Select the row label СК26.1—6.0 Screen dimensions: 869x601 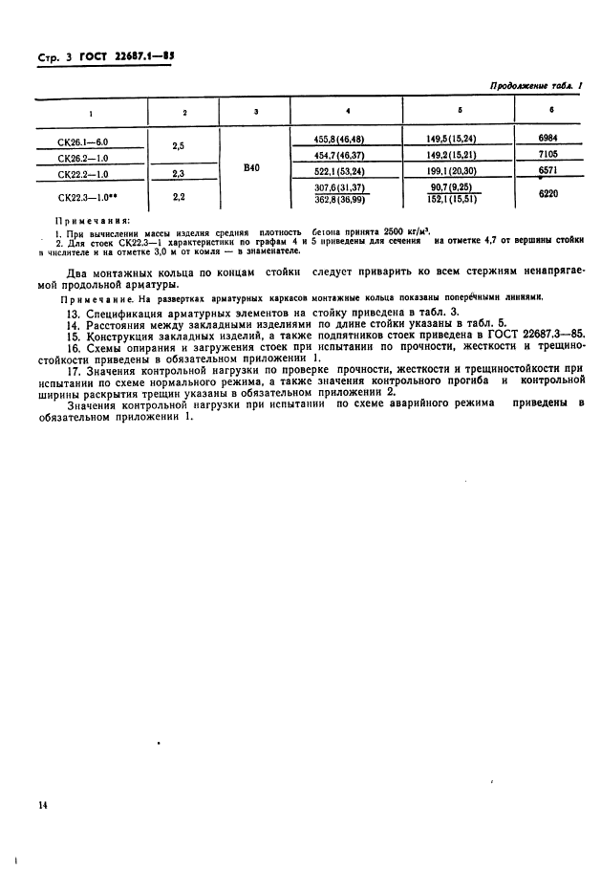click(x=81, y=141)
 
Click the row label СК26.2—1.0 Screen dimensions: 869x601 click(x=81, y=158)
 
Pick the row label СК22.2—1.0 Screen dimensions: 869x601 click(x=81, y=175)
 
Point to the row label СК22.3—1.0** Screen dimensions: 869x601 click(x=85, y=198)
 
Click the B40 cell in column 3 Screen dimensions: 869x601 click(x=251, y=167)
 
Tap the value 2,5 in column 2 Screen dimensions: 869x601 click(x=177, y=147)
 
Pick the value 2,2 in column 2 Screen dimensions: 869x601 click(x=177, y=195)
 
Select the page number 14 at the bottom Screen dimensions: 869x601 click(x=43, y=806)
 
